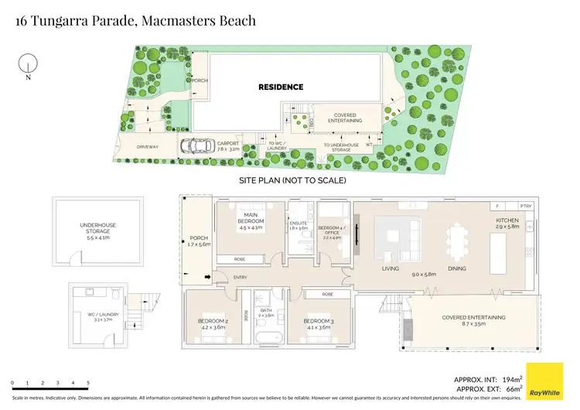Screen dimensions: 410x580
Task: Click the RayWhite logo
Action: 544,382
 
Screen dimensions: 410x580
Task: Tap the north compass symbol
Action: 28,65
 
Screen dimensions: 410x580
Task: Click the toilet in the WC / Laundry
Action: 114,294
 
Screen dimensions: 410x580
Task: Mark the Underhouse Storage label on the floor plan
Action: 97,229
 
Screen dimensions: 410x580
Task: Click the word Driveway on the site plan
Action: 147,145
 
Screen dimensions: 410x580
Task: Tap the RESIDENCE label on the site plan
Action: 281,87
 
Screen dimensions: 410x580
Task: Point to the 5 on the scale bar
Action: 88,384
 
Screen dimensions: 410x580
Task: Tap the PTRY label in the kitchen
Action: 527,207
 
